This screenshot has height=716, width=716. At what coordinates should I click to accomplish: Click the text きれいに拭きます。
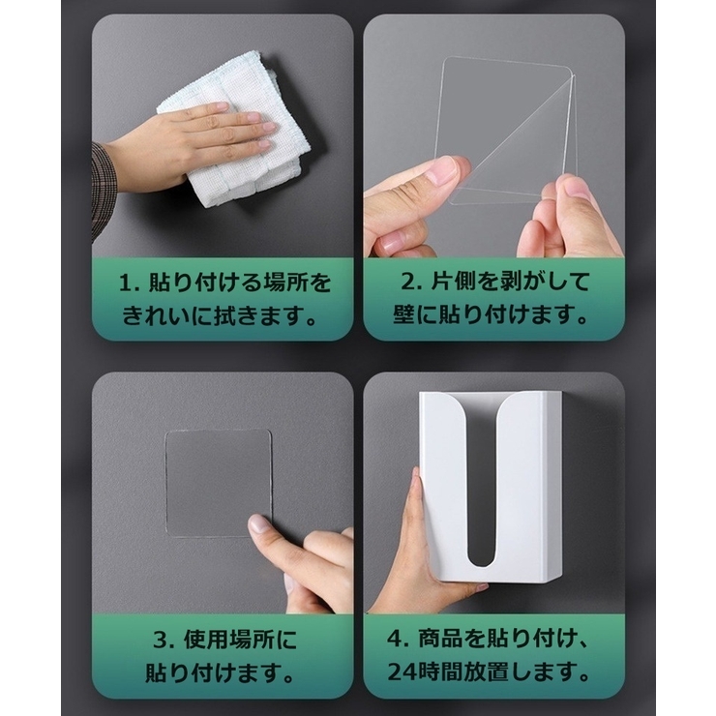[223, 316]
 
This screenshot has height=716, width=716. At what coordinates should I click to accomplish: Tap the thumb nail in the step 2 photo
[443, 173]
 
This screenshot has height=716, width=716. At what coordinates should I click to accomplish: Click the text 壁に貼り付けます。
[493, 316]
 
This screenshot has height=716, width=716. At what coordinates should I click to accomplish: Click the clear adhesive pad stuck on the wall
[217, 482]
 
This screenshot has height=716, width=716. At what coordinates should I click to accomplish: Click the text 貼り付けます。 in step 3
[223, 671]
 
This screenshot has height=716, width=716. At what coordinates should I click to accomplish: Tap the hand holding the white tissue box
[406, 552]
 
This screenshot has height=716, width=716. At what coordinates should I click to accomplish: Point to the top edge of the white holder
[492, 395]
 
